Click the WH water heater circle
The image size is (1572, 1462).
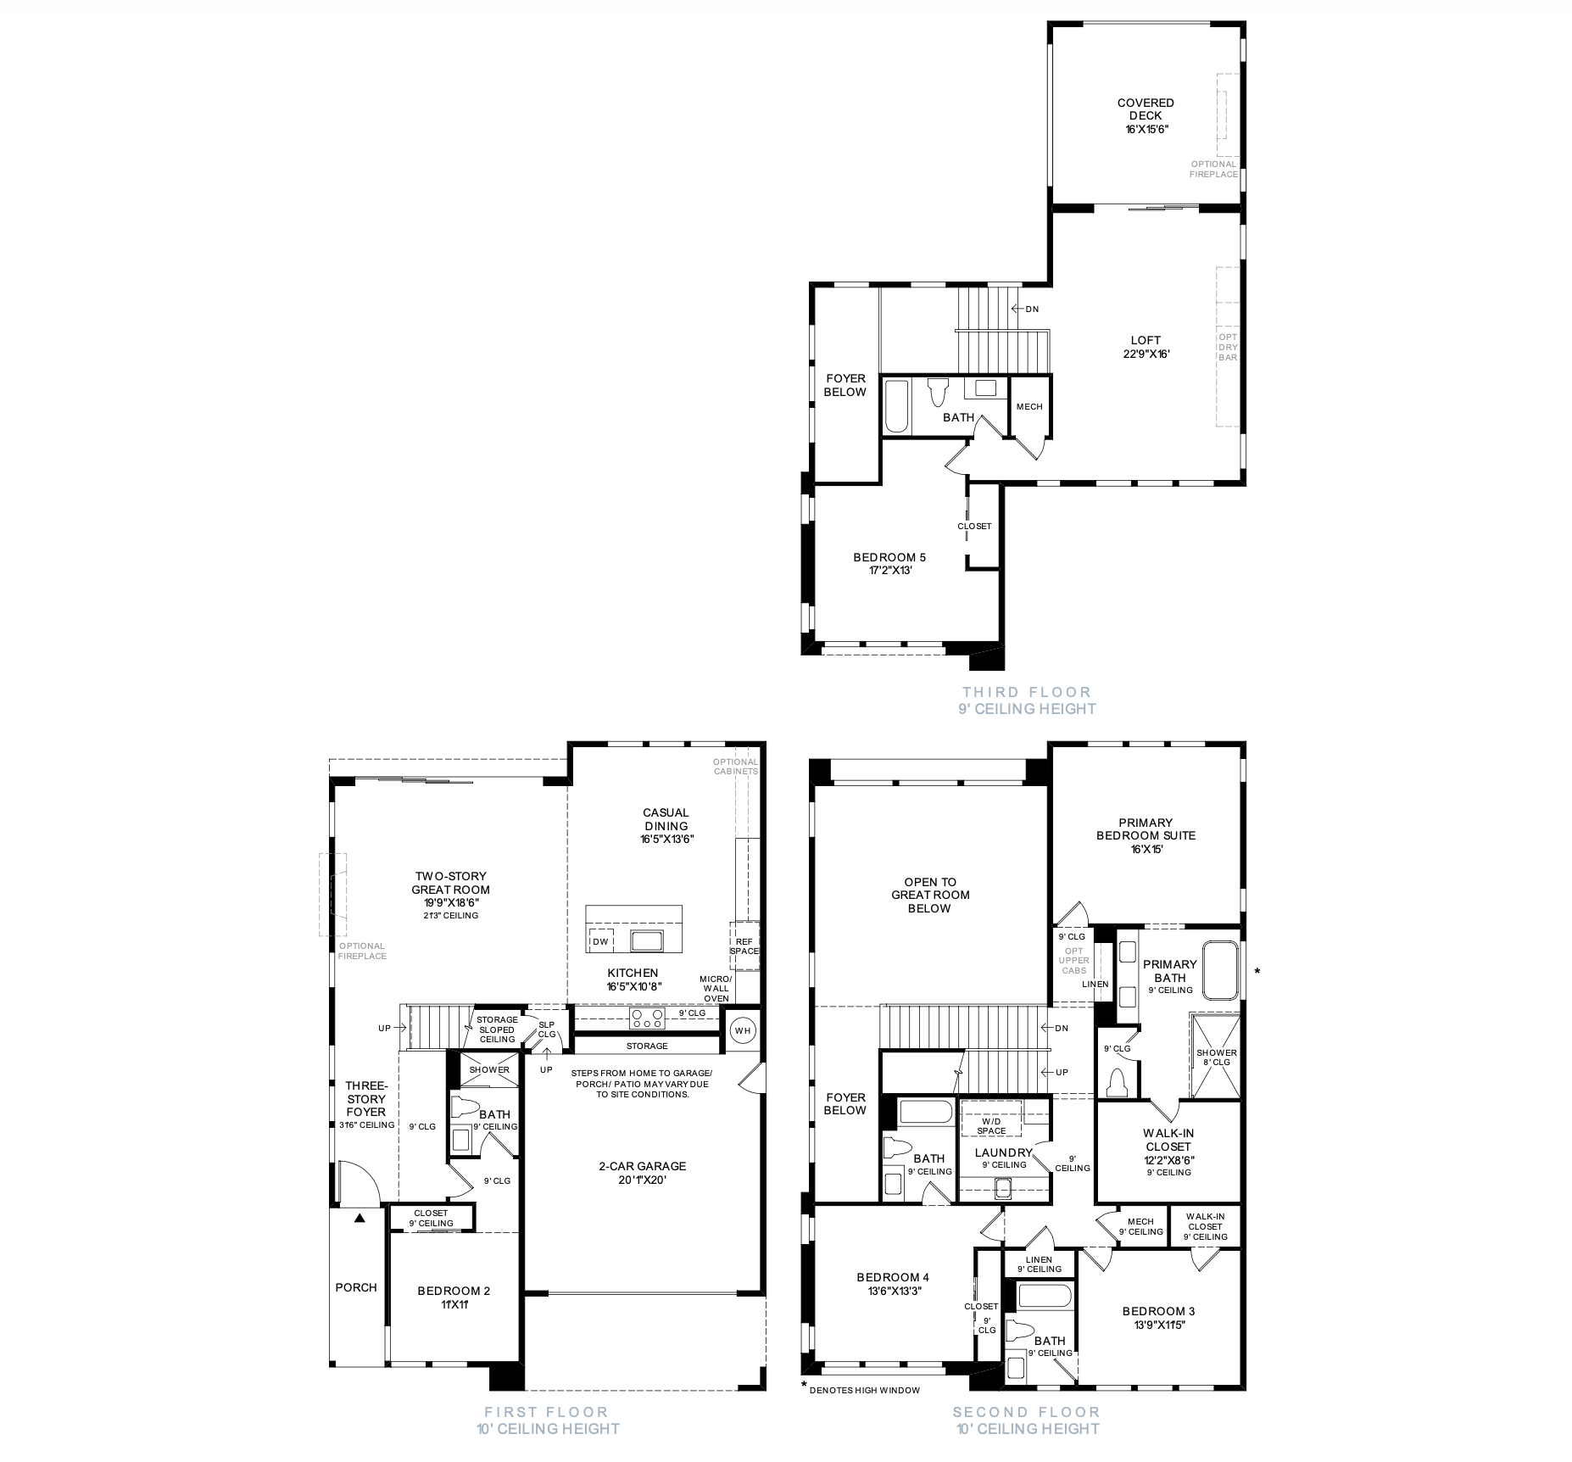pyautogui.click(x=743, y=1030)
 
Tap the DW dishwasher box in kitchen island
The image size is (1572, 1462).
pyautogui.click(x=600, y=940)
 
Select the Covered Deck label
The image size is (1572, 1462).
pyautogui.click(x=1146, y=116)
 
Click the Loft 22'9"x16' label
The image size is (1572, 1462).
pyautogui.click(x=1146, y=347)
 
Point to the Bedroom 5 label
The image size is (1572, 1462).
pyautogui.click(x=889, y=564)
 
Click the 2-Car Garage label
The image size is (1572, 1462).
pyautogui.click(x=642, y=1173)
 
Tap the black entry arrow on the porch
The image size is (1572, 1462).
pyautogui.click(x=359, y=1218)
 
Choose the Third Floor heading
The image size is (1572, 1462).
pyautogui.click(x=1026, y=692)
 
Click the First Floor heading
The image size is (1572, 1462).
pyautogui.click(x=546, y=1412)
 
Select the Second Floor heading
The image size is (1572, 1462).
pyautogui.click(x=1026, y=1412)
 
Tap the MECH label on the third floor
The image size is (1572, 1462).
pyautogui.click(x=1029, y=406)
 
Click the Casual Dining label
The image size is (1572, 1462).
pyautogui.click(x=666, y=825)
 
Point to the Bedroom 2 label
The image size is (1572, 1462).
pyautogui.click(x=454, y=1297)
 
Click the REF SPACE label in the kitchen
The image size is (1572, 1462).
pyautogui.click(x=744, y=946)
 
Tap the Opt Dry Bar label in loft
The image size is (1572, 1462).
pyautogui.click(x=1228, y=347)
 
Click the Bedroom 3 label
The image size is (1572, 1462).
pyautogui.click(x=1158, y=1317)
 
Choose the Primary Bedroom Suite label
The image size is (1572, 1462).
pyautogui.click(x=1146, y=835)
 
